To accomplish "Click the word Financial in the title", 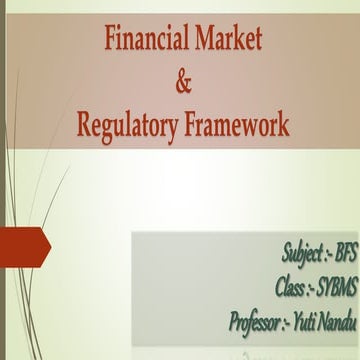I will coord(145,40).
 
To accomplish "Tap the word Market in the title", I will coord(225,40).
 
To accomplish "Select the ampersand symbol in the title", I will coord(182,84).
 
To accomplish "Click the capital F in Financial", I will coord(111,40).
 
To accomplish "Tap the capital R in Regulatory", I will coord(84,126).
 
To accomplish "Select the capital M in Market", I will coord(201,40).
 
